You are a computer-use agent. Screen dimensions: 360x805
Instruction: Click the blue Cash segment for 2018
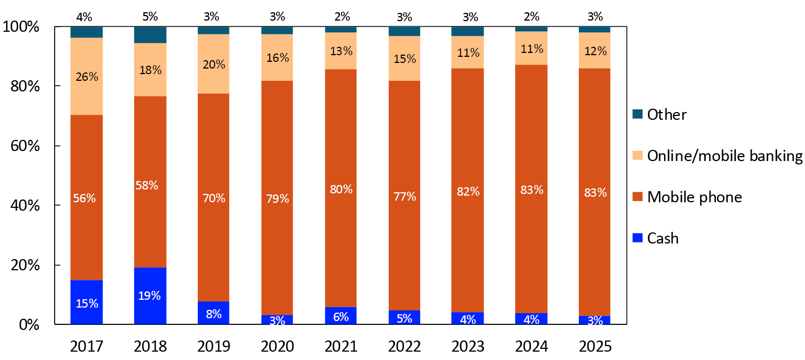click(x=150, y=295)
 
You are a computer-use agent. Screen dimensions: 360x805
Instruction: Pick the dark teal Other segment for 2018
click(x=150, y=35)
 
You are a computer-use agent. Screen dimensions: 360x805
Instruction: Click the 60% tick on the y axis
click(x=25, y=146)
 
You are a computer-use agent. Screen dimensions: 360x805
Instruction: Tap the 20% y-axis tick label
click(x=25, y=265)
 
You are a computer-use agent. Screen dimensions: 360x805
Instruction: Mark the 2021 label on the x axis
click(x=341, y=346)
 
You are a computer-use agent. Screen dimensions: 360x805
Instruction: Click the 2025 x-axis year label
click(x=595, y=346)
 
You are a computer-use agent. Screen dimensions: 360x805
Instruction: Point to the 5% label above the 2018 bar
click(x=150, y=17)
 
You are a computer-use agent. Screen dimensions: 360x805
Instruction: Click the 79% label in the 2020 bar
click(x=277, y=198)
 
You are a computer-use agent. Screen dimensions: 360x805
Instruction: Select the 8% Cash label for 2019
click(x=214, y=314)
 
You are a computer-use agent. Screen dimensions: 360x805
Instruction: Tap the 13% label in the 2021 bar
click(x=341, y=51)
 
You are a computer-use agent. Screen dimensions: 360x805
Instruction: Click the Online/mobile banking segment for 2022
click(x=404, y=59)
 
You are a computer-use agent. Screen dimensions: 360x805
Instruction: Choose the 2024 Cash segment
click(x=531, y=319)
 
